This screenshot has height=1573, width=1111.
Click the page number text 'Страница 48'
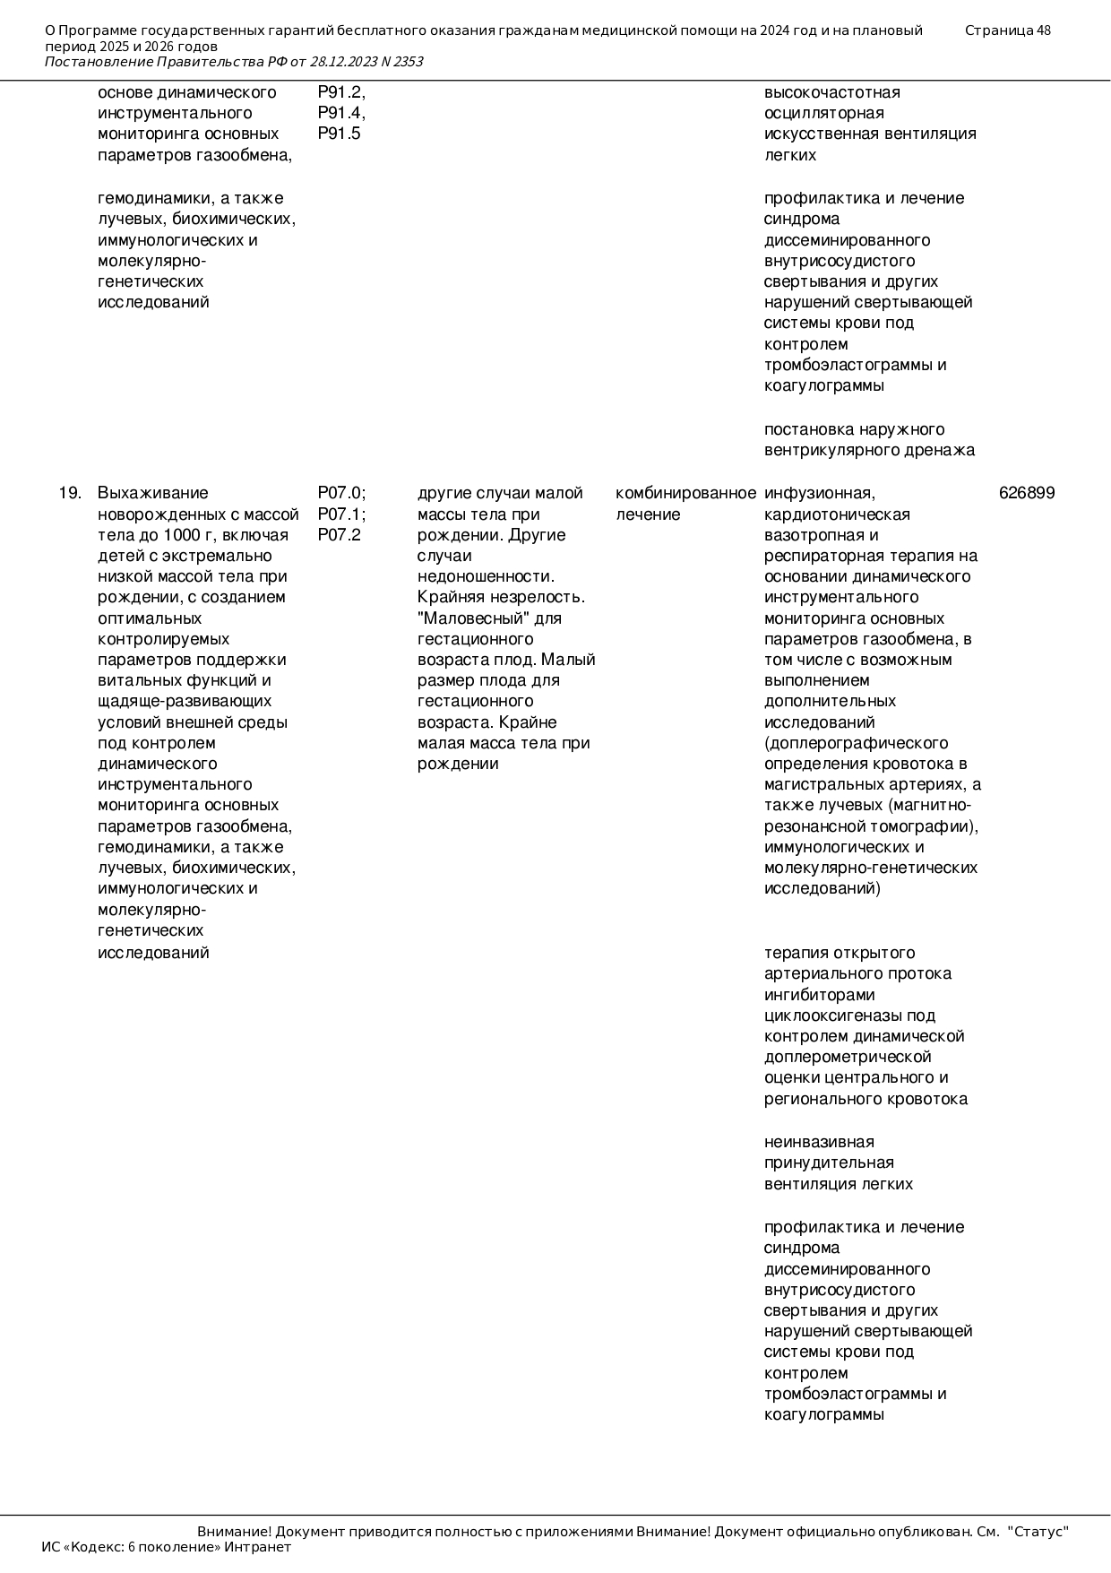pyautogui.click(x=1008, y=30)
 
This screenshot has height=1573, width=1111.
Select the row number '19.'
pyautogui.click(x=71, y=493)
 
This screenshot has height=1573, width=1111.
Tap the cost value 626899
pyautogui.click(x=1027, y=493)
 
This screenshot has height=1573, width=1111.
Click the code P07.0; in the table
pyautogui.click(x=341, y=493)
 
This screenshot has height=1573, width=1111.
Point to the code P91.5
pyautogui.click(x=339, y=134)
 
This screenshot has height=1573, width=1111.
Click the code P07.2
pyautogui.click(x=339, y=535)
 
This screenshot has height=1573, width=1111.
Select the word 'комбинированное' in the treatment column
pyautogui.click(x=685, y=493)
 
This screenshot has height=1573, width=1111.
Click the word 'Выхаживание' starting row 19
pyautogui.click(x=152, y=493)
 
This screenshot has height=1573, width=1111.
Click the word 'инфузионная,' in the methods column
pyautogui.click(x=819, y=493)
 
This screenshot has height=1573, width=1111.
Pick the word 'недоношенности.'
pyautogui.click(x=486, y=576)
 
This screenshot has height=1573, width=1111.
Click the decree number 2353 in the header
pyautogui.click(x=408, y=62)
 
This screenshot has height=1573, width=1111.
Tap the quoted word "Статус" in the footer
pyautogui.click(x=1038, y=1532)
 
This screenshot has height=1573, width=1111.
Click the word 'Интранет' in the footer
pyautogui.click(x=257, y=1547)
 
